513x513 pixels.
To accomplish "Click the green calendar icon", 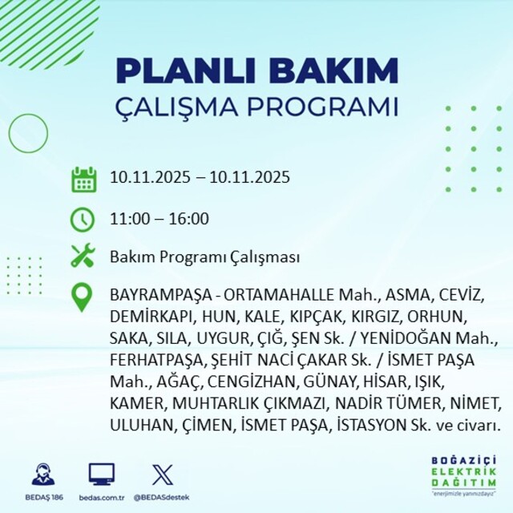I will pos(83,178).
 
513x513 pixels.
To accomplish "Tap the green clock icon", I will pos(83,218).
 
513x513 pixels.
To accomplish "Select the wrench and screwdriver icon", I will pos(83,256).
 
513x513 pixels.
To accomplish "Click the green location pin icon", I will pos(83,297).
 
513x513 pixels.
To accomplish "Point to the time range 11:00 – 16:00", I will pos(160,219).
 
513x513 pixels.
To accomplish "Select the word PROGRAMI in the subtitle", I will pos(331,107).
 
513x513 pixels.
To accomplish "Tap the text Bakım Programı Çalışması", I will pos(205,258).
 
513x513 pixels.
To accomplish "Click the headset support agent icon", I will pos(44,474).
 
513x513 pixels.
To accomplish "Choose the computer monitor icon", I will pos(101,474).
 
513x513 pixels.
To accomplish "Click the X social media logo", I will pos(161,474).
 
